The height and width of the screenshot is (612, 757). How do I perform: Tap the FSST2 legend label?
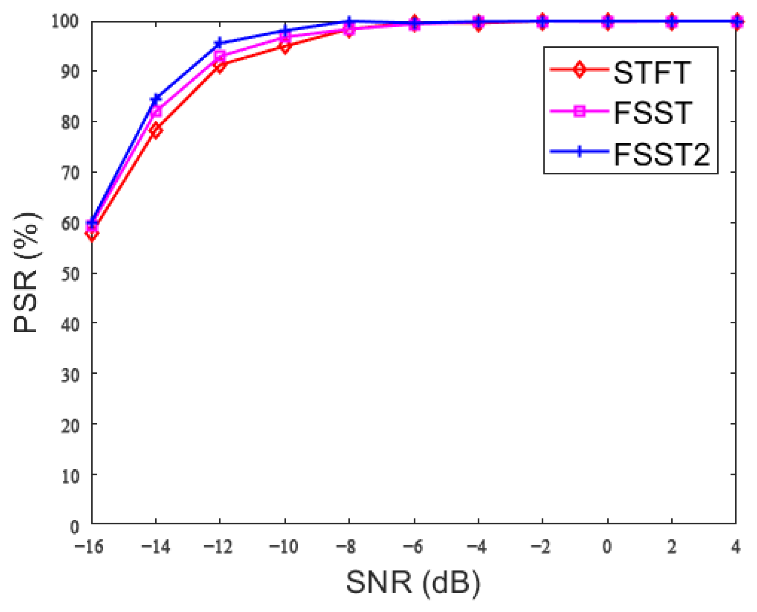pos(661,154)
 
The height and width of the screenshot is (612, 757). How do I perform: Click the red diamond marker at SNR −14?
pos(156,131)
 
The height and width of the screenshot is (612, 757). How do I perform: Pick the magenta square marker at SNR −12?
pos(220,56)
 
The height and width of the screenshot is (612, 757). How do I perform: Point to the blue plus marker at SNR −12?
pos(219,43)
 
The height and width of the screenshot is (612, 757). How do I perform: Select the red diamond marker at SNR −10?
pos(284,47)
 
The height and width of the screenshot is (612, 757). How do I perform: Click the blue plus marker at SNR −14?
pos(156,99)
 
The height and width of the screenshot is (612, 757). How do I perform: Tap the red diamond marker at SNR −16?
pos(92,233)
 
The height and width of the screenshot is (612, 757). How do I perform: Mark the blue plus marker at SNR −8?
pos(348,22)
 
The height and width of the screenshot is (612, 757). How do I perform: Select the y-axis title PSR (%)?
pos(26,272)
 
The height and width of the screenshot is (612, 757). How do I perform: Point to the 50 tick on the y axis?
pos(70,274)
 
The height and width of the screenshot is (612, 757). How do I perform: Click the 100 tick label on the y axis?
pos(65,21)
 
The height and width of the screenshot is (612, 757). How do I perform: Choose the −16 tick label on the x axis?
pos(89,546)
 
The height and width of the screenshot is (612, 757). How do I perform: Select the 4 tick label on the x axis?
pos(735,546)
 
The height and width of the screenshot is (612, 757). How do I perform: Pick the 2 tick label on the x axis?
pos(671,546)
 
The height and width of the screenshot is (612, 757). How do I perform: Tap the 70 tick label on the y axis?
pos(70,173)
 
